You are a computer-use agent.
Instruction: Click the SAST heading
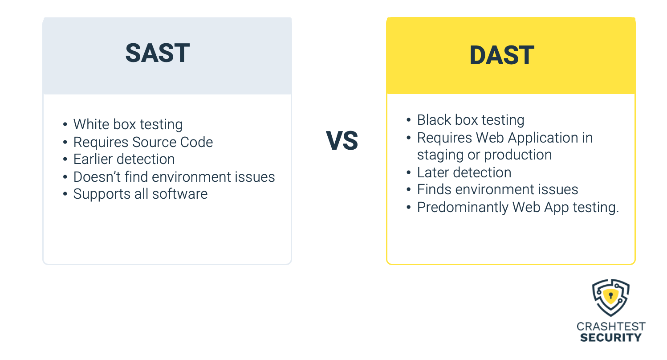(158, 53)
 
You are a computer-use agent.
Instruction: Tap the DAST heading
(502, 55)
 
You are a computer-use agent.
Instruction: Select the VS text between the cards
(342, 141)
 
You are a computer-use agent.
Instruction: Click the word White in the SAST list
(91, 124)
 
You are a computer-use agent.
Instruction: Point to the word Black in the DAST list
(434, 120)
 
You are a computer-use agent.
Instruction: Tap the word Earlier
(93, 159)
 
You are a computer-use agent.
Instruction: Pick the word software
(180, 194)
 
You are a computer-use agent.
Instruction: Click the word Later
(432, 172)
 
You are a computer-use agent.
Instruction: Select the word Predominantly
(463, 208)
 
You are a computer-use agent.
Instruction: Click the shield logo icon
(611, 298)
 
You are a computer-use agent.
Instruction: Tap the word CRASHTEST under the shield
(611, 327)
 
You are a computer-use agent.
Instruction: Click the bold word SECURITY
(611, 338)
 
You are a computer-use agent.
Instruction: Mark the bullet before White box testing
(65, 125)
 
